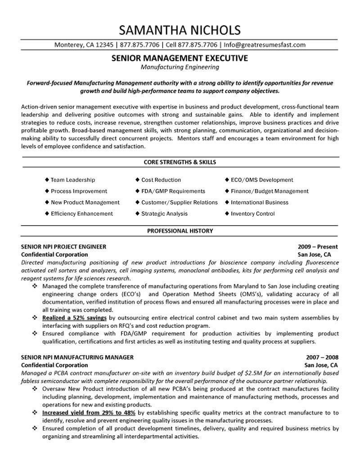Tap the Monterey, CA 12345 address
(83, 45)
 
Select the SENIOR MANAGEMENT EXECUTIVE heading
(179, 58)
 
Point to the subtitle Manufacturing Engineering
(180, 67)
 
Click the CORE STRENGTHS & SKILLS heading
(180, 162)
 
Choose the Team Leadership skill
(72, 180)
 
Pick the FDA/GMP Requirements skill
(173, 191)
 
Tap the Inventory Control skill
(252, 213)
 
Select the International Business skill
(260, 202)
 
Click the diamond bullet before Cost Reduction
(137, 180)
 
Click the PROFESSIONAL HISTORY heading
(180, 231)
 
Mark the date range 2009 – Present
(318, 247)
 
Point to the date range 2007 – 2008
(320, 357)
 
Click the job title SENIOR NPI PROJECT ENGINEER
(64, 247)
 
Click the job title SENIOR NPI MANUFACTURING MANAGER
(77, 357)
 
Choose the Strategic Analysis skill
(164, 213)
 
